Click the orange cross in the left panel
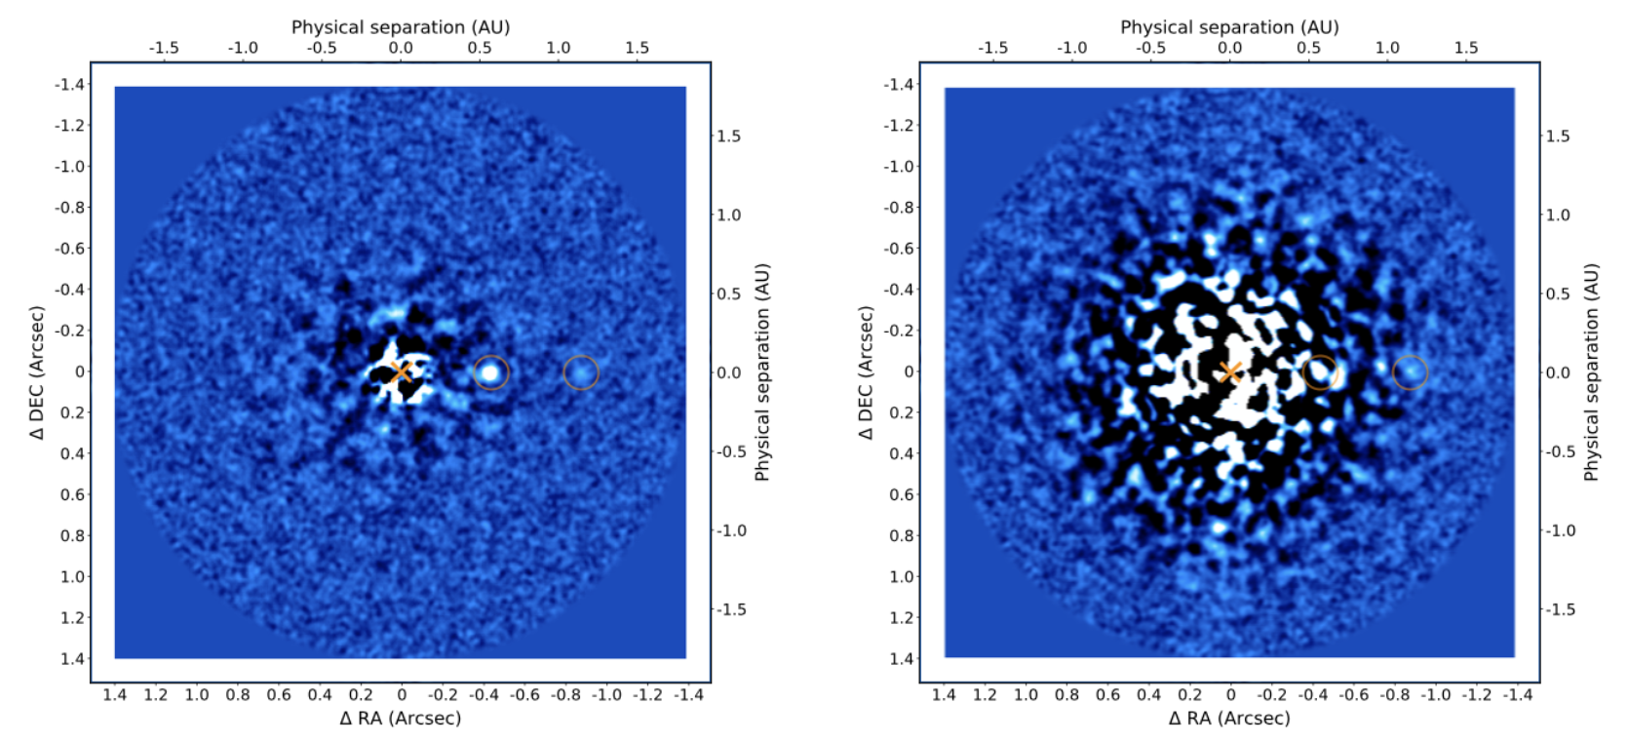(401, 371)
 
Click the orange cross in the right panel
(1230, 371)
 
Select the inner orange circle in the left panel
(491, 371)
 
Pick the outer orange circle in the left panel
(581, 371)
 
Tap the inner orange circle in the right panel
(1320, 371)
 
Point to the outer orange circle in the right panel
(1410, 371)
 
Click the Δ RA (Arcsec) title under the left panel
(401, 719)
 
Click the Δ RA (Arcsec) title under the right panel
(1229, 719)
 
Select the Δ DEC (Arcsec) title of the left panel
(37, 372)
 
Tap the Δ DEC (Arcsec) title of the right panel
(866, 372)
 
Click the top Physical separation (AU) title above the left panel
(401, 26)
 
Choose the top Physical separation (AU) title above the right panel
(1229, 26)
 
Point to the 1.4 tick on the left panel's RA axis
(115, 695)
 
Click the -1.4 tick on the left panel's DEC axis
(71, 84)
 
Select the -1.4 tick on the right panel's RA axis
(1517, 695)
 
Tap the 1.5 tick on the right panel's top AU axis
(1466, 48)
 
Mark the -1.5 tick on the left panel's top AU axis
(163, 48)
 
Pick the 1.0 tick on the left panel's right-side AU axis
(729, 215)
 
